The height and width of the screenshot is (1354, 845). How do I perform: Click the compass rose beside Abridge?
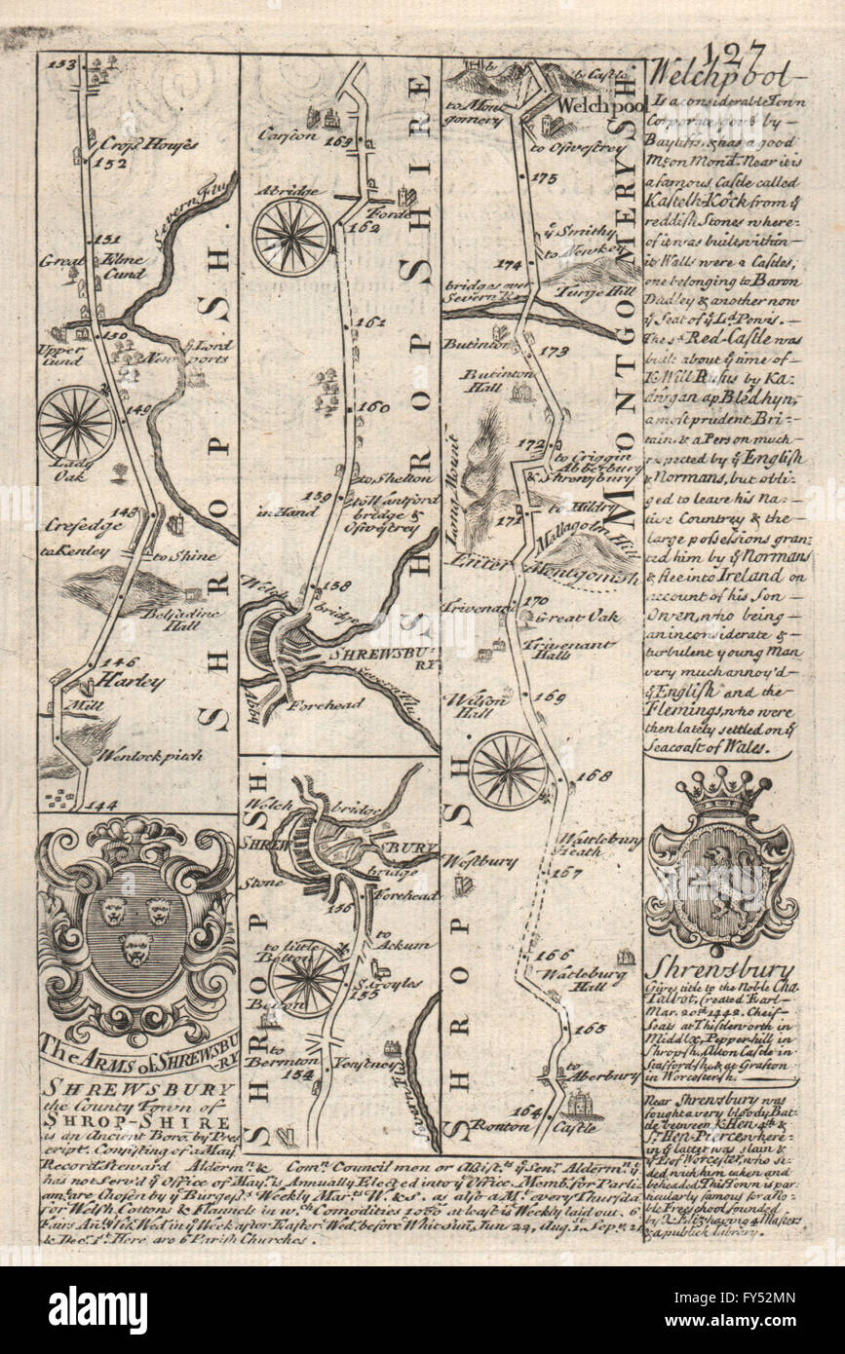pyautogui.click(x=291, y=236)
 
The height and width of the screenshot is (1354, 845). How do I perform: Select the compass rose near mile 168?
pyautogui.click(x=507, y=770)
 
